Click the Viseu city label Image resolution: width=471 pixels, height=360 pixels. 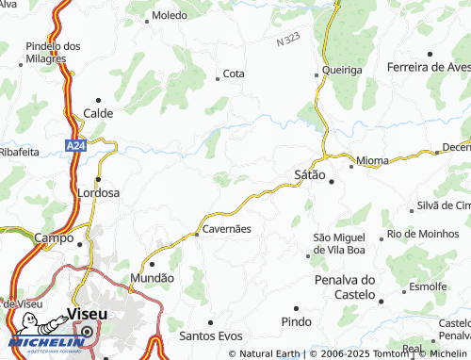point(87,314)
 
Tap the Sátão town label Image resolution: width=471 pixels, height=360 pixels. point(310,175)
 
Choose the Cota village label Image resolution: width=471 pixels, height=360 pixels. point(234,74)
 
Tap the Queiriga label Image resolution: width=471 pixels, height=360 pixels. point(341,69)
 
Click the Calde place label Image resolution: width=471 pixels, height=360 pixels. point(98,113)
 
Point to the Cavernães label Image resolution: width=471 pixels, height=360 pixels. point(225,229)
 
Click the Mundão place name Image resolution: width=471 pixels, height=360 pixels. point(153,278)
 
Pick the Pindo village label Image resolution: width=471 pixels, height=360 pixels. point(295,323)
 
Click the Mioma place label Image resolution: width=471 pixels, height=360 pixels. point(373,161)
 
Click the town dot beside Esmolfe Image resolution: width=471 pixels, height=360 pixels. point(401,287)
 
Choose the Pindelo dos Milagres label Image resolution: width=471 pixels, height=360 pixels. point(53,52)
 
